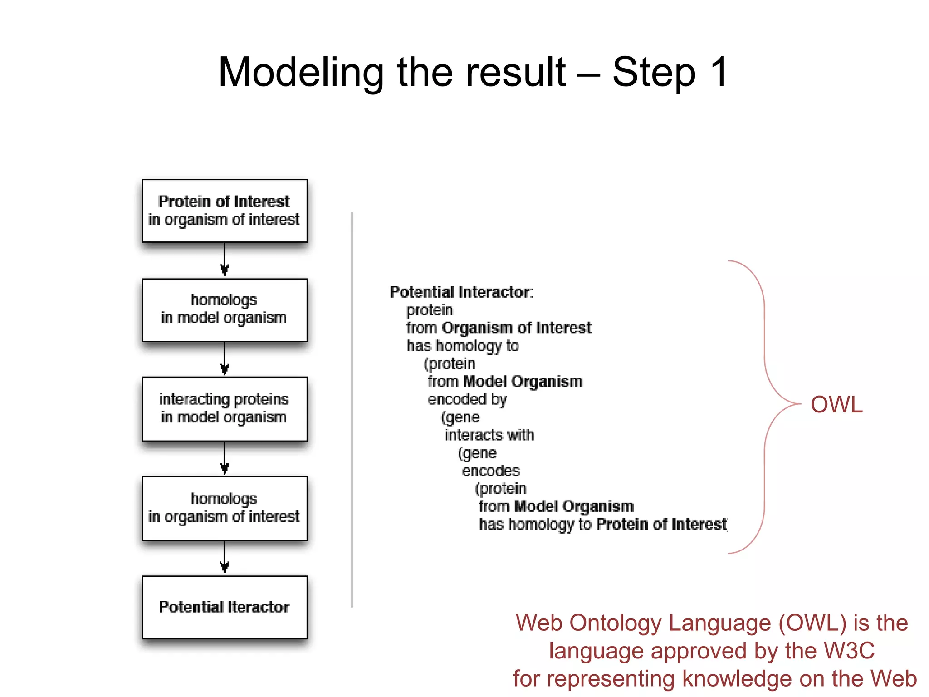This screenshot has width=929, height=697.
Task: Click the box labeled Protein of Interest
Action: [x=225, y=211]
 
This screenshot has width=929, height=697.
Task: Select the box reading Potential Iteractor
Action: [x=225, y=607]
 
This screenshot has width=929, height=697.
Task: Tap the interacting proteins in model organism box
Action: [x=225, y=408]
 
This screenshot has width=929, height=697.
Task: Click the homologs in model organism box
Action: [x=225, y=309]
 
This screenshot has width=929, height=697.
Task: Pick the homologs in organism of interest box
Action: [x=225, y=508]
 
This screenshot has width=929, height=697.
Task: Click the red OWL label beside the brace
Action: [x=836, y=404]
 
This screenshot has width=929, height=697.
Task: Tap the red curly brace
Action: [x=765, y=404]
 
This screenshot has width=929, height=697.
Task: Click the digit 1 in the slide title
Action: [x=719, y=72]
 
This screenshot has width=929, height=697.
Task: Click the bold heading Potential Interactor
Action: [x=461, y=292]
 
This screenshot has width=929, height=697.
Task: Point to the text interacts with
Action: [x=489, y=435]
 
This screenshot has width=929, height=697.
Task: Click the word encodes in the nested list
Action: [x=490, y=471]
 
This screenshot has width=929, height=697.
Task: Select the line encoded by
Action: [x=467, y=399]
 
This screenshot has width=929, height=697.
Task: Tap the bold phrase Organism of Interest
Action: [x=516, y=328]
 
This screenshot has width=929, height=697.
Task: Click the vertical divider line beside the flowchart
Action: [x=352, y=408]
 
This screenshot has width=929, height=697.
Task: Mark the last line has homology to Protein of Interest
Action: [x=602, y=524]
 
